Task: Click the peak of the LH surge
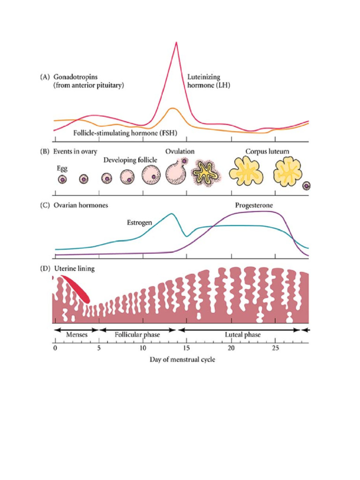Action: coord(176,42)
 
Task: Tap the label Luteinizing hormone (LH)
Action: coord(209,81)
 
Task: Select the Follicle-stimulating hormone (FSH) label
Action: coord(125,133)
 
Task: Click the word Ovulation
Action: coord(180,151)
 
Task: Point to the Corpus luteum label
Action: coord(267,151)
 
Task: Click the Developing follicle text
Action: coord(130,160)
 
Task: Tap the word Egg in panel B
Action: coord(62,169)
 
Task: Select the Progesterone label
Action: coord(254,205)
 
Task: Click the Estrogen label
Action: coord(139,223)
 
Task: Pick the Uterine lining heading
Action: coord(75,269)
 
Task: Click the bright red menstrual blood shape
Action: coord(75,289)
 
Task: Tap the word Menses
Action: coord(77,335)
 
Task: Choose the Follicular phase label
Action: coord(137,335)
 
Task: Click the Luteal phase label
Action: coord(243,335)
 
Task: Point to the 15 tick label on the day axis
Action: coord(187,348)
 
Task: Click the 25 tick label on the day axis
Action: coord(275,348)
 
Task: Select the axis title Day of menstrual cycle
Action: coord(182,360)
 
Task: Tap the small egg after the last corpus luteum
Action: coord(306,186)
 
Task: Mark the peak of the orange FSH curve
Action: coord(172,108)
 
